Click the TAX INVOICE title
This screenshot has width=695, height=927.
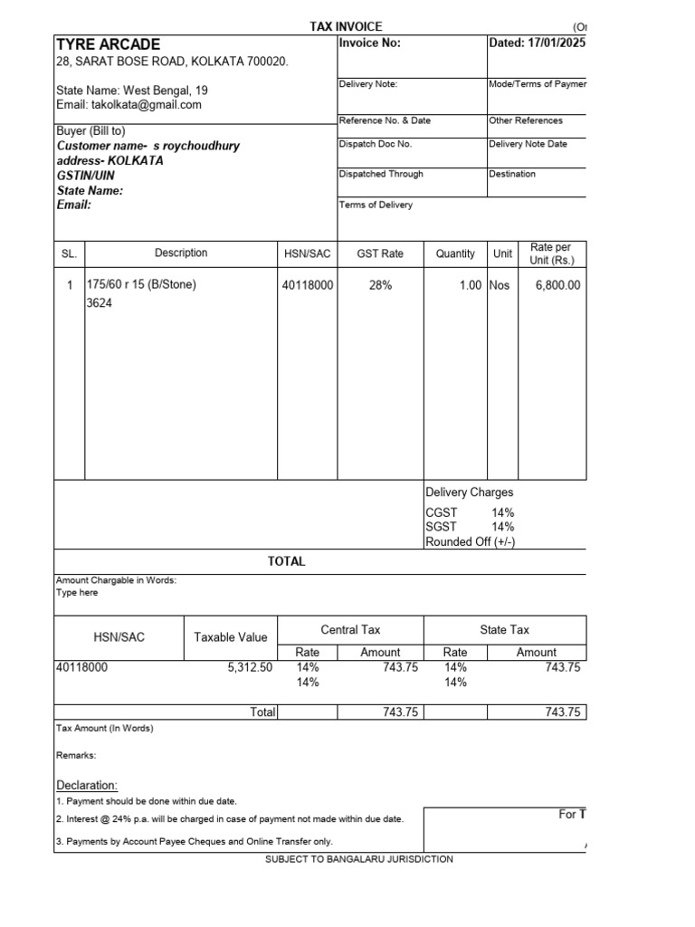tap(346, 27)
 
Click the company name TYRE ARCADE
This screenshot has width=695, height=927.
tap(109, 44)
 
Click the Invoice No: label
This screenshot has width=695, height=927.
tap(369, 43)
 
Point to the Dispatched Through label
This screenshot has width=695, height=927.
tap(380, 174)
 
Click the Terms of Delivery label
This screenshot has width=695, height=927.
tap(376, 205)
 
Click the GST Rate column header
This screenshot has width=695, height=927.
tap(380, 254)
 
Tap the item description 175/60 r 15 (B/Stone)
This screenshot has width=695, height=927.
tap(141, 284)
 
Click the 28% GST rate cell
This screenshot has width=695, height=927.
tap(380, 285)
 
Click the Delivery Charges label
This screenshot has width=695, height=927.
tap(469, 492)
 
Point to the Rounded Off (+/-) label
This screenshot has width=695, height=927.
tap(471, 542)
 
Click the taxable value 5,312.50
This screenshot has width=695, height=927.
tap(250, 668)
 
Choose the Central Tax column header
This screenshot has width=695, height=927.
tap(350, 629)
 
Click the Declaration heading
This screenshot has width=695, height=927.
tap(87, 785)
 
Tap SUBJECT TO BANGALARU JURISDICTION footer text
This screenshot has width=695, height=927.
tap(359, 859)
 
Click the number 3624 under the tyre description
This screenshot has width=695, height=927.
tap(99, 303)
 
